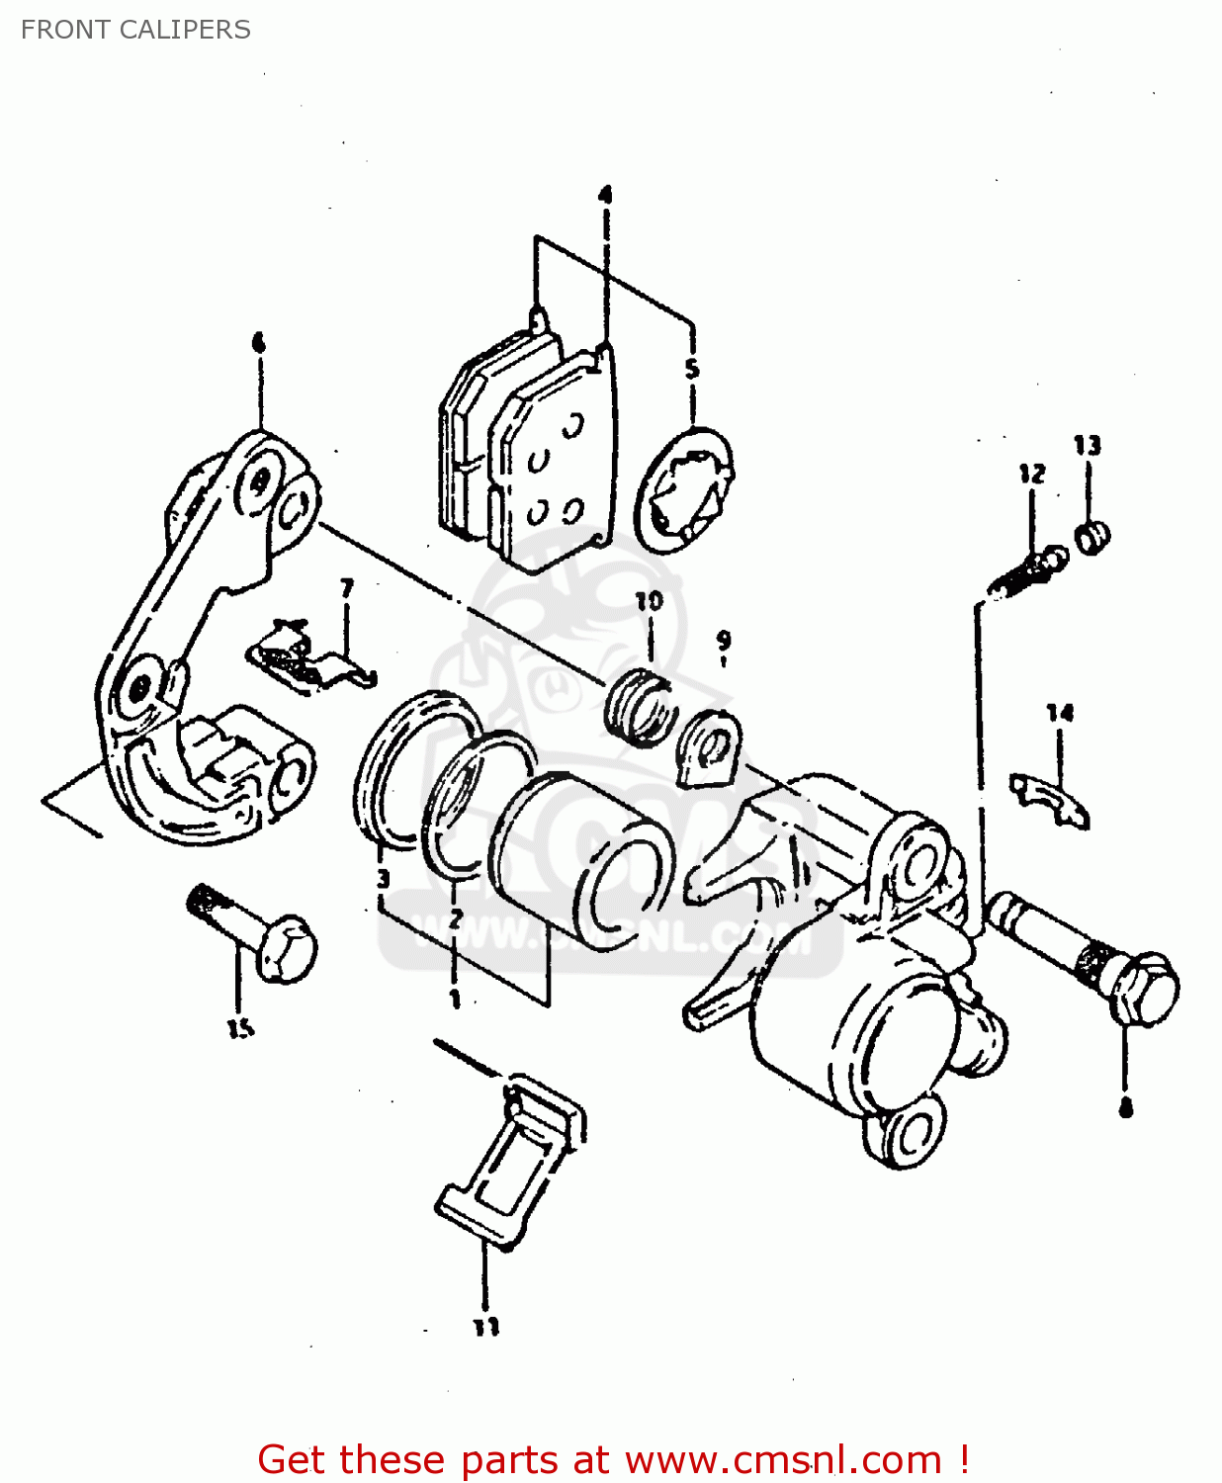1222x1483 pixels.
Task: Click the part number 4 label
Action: click(x=605, y=195)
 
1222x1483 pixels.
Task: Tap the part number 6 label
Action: click(x=259, y=343)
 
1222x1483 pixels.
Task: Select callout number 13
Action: click(x=1087, y=446)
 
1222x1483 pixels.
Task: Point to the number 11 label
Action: click(x=485, y=1327)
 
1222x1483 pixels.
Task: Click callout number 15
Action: click(x=240, y=1028)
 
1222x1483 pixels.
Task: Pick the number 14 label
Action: click(x=1060, y=713)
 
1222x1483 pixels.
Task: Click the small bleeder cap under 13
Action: click(x=1092, y=537)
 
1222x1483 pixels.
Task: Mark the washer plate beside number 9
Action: click(x=709, y=748)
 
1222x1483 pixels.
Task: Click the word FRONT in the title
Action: click(x=64, y=30)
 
